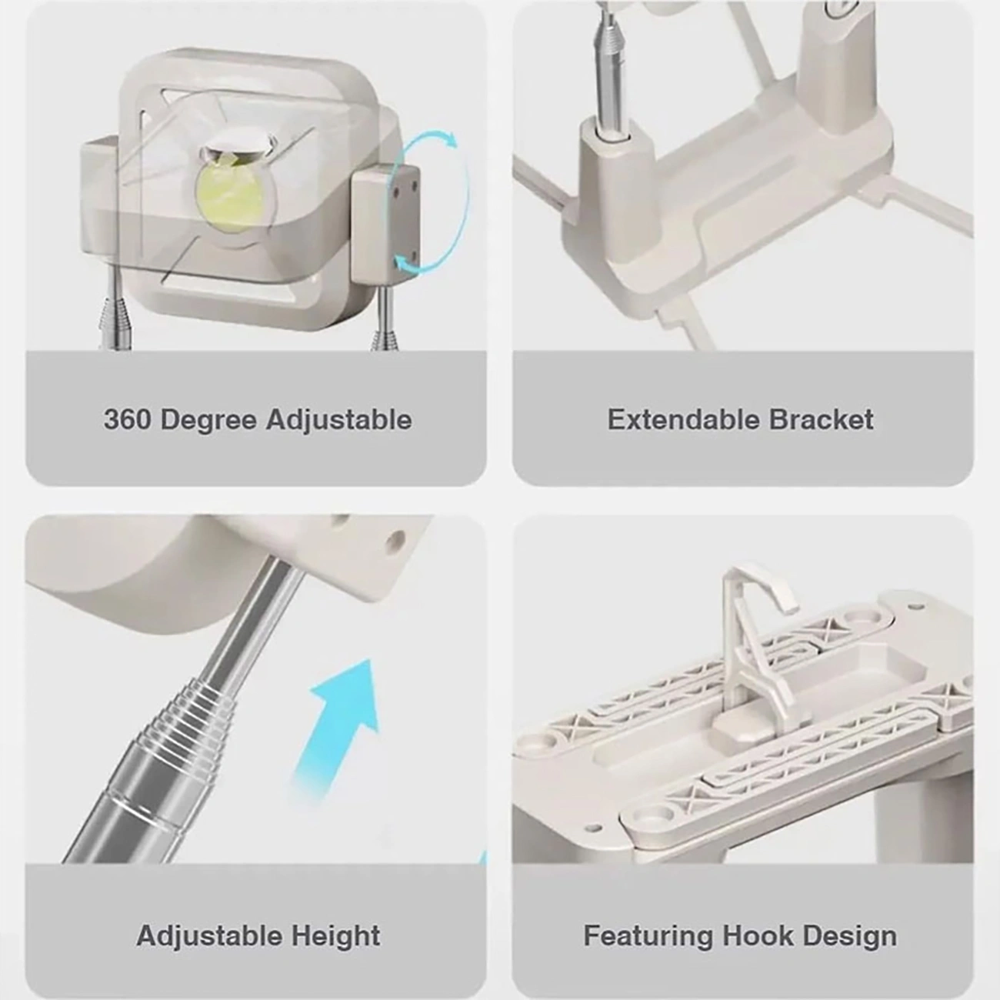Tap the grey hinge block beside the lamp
pos(386,221)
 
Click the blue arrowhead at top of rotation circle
pos(448,139)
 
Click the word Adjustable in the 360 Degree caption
pos(339,421)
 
